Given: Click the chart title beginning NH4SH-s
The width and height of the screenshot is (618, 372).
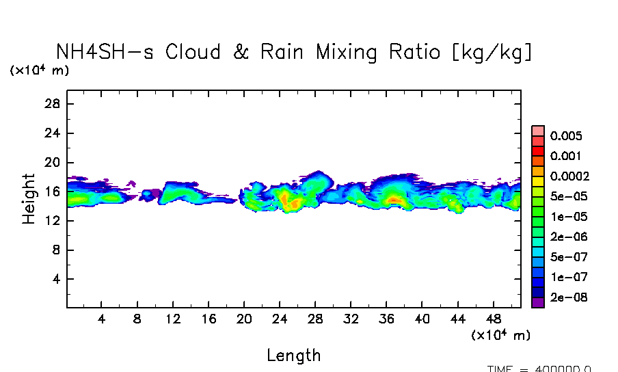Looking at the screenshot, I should (x=294, y=52).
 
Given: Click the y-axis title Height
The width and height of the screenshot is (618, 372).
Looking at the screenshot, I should (x=29, y=199).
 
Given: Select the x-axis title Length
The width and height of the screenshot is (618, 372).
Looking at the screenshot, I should (x=293, y=355).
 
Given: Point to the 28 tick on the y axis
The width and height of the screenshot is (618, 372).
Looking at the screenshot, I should (x=53, y=104).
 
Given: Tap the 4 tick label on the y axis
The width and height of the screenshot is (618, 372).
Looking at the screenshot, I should (x=57, y=280).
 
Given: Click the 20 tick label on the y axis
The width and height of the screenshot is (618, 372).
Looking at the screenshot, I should (x=53, y=163).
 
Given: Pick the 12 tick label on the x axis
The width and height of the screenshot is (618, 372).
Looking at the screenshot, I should (x=173, y=319).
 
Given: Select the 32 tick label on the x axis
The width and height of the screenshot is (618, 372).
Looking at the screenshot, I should (x=351, y=319).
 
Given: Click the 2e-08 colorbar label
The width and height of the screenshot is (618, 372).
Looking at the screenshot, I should (x=567, y=297).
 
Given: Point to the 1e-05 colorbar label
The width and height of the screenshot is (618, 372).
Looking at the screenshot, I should (x=567, y=217).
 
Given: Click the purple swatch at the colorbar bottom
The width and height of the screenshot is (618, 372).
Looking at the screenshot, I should (x=538, y=303).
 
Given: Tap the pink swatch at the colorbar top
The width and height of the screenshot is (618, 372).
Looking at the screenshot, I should (x=538, y=131).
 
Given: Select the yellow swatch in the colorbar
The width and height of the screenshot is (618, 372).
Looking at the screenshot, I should (x=538, y=181).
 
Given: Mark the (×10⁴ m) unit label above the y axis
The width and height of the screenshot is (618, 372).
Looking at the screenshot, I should (x=39, y=70).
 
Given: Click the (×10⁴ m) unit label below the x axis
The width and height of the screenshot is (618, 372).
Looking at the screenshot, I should (x=500, y=335).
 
